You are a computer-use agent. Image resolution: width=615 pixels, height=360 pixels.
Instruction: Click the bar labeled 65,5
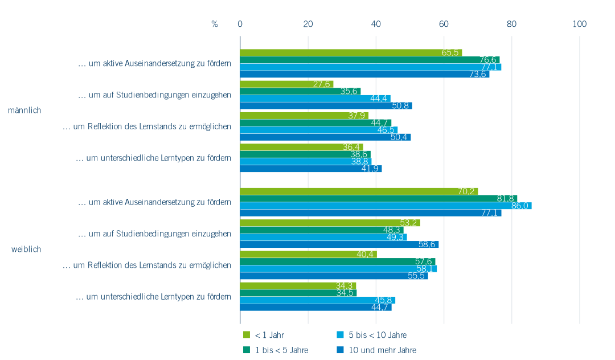point(351,52)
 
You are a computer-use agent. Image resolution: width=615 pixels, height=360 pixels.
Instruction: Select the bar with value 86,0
point(386,206)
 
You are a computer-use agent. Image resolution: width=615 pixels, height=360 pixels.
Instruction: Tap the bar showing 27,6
point(286,84)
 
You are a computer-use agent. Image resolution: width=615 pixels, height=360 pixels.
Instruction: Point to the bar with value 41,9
point(311,169)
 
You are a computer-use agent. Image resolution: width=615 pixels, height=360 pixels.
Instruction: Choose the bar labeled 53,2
point(330,223)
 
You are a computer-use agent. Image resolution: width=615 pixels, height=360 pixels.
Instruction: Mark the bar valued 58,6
point(339,244)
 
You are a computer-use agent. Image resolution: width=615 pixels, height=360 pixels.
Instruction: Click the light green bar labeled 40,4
point(308,254)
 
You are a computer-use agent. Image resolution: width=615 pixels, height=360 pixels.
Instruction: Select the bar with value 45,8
point(317,300)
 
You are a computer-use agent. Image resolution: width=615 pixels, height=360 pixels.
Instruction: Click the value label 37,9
point(356,116)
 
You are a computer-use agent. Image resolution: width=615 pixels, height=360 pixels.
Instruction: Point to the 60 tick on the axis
point(444,24)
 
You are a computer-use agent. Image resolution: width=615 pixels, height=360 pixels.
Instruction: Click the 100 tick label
point(580,24)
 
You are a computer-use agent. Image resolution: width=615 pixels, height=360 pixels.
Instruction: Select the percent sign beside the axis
point(215,24)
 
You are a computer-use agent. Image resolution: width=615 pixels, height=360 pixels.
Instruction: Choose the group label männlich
point(24,111)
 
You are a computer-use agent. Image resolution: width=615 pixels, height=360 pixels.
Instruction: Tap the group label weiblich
point(26,249)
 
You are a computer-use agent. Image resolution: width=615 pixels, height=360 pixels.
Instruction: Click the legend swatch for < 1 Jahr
point(247,335)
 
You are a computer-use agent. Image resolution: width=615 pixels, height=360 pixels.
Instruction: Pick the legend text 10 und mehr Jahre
point(382,350)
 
